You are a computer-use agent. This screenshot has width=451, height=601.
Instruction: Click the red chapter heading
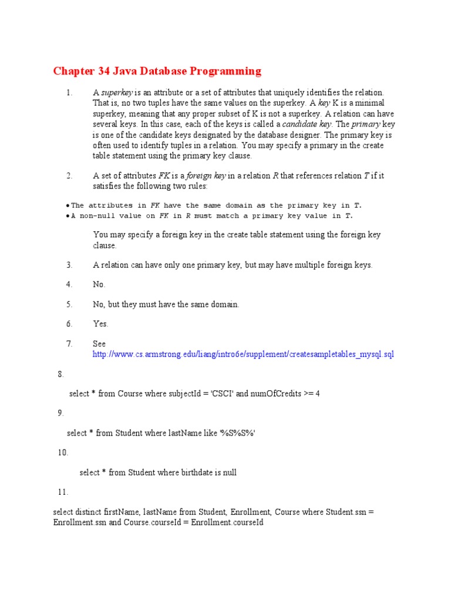coord(157,72)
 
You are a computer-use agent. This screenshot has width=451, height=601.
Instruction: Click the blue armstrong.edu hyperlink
coord(243,354)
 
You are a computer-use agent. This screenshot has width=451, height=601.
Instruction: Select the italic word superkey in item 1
coord(117,93)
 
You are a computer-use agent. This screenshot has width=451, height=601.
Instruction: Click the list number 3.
coord(69,265)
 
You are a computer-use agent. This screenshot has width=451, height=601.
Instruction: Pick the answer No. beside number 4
coord(99,285)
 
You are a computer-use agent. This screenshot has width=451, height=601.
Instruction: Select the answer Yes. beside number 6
coord(100,323)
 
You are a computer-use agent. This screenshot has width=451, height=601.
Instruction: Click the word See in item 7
coord(99,343)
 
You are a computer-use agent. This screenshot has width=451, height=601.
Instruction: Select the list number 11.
coord(63,492)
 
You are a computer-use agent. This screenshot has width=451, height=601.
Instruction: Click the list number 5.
coord(69,304)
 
